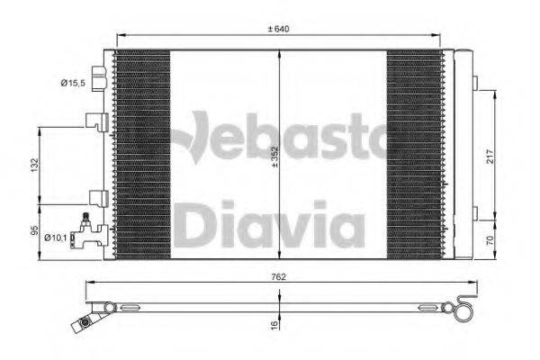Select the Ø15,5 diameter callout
click(x=73, y=83)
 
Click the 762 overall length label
click(x=279, y=277)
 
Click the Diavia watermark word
click(x=268, y=225)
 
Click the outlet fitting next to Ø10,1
click(x=88, y=237)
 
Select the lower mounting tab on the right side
click(x=474, y=214)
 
